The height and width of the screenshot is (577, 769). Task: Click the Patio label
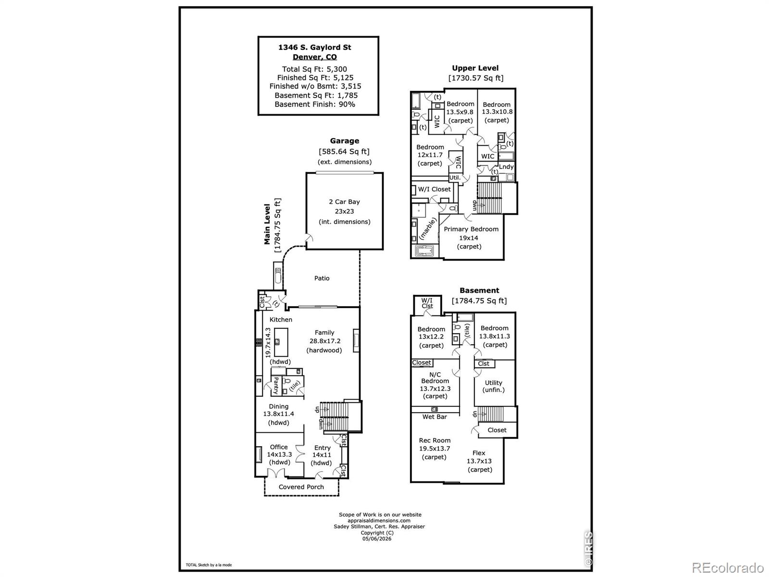[322, 278]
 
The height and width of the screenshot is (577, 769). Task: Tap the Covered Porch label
[301, 487]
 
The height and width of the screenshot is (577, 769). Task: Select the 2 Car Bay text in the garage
[344, 202]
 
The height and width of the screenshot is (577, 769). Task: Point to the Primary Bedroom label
[471, 229]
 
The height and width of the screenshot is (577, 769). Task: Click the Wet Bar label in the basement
[434, 417]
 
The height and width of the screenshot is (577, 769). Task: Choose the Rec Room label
[434, 440]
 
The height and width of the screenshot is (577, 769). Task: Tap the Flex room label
[479, 453]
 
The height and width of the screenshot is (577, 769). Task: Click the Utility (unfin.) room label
[493, 386]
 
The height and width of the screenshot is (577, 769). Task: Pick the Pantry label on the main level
[276, 386]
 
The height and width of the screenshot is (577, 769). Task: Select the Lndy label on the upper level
[506, 167]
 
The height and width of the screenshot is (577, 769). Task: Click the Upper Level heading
[475, 68]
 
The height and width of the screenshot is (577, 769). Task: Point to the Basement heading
[479, 290]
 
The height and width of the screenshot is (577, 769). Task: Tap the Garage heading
[345, 141]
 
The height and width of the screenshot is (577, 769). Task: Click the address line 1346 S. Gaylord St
[315, 47]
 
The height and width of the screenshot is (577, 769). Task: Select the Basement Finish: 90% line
[315, 104]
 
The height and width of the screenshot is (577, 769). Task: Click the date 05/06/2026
[377, 539]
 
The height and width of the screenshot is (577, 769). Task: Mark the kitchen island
[281, 342]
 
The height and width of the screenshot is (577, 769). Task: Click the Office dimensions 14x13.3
[279, 454]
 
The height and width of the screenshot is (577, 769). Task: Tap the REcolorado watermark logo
[728, 567]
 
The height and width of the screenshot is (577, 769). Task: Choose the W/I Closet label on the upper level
[434, 189]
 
